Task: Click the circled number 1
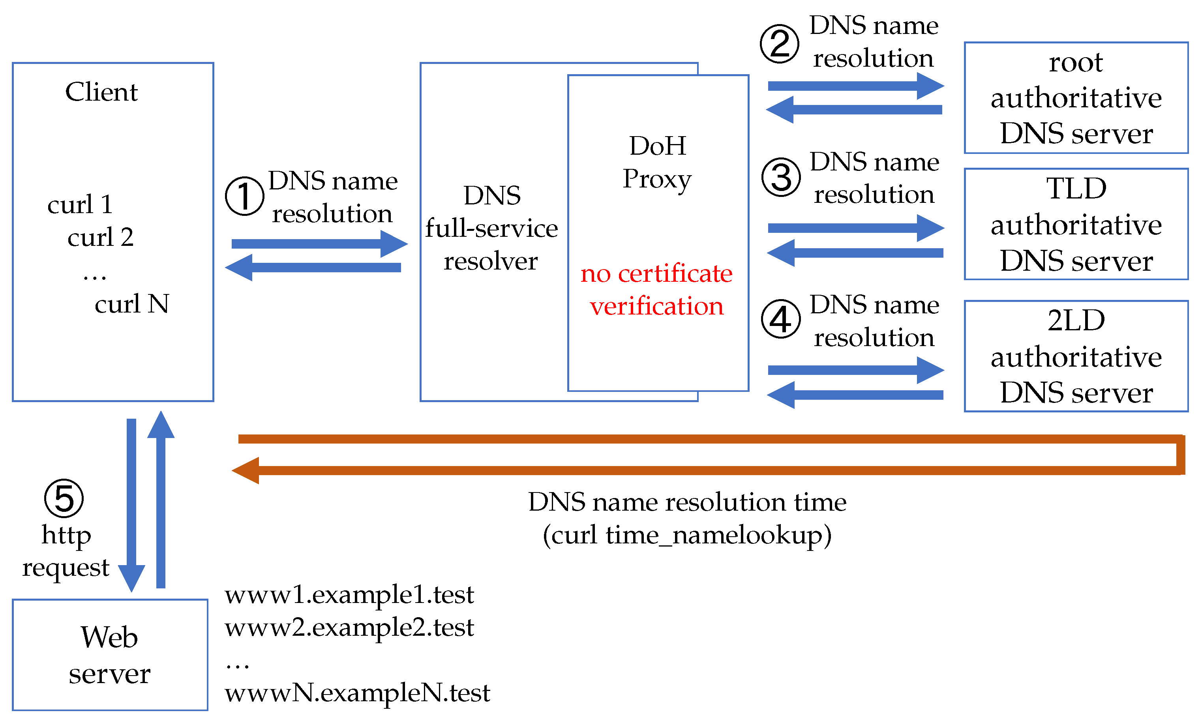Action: pos(244,196)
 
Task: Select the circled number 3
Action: pos(781,177)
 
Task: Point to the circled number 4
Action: pos(781,319)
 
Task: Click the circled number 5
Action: pos(64,498)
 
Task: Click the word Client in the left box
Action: pos(101,92)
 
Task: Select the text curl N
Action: pos(131,304)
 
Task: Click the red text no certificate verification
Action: pos(657,290)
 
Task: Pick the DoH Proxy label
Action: pos(657,162)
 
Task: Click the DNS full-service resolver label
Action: pos(491,228)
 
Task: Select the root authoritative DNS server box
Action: pos(1076,98)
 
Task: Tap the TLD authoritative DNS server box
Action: pos(1076,224)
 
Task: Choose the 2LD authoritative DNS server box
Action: pos(1076,357)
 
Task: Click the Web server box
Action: pos(110,655)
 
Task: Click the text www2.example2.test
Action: pos(349,627)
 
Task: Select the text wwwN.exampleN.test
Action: pos(357,693)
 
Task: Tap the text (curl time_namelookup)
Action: pos(687,536)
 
